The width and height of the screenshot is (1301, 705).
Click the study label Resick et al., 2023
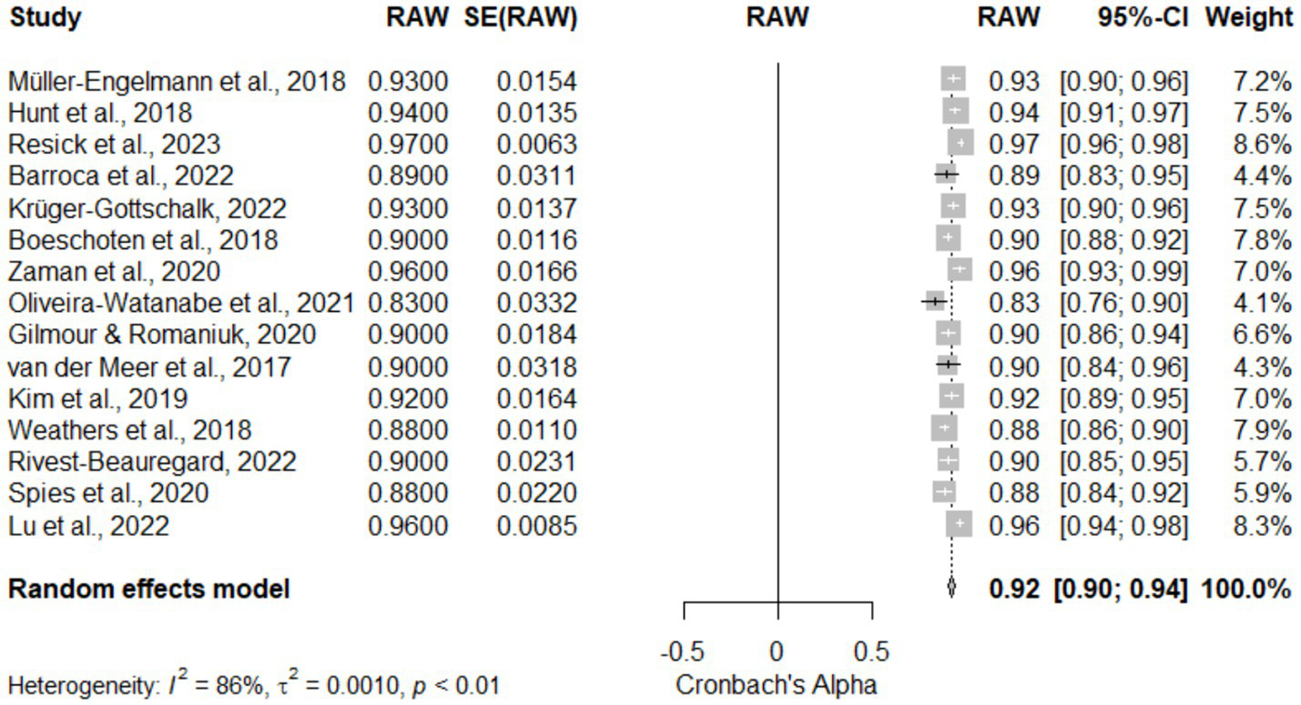tap(114, 145)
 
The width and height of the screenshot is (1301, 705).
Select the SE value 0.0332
tap(536, 303)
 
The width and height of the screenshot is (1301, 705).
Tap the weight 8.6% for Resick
tap(1262, 145)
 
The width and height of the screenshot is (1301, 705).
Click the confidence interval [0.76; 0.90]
tap(1123, 303)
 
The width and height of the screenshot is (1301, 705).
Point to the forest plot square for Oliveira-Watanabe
tap(934, 302)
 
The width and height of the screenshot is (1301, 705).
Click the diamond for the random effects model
tap(951, 589)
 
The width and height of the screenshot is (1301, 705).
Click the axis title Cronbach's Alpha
tap(776, 685)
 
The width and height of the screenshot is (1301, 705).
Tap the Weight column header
tap(1248, 17)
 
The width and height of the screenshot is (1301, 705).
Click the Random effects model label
tap(149, 589)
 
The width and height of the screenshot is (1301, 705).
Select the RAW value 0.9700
tap(408, 145)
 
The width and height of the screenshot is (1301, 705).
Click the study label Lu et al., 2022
tap(88, 526)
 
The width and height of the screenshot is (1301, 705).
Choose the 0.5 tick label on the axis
tap(871, 651)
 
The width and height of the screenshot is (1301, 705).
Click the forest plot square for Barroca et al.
tap(946, 175)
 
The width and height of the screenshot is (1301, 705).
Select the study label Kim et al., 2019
tap(97, 398)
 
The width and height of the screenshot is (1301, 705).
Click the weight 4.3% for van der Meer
tap(1262, 367)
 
